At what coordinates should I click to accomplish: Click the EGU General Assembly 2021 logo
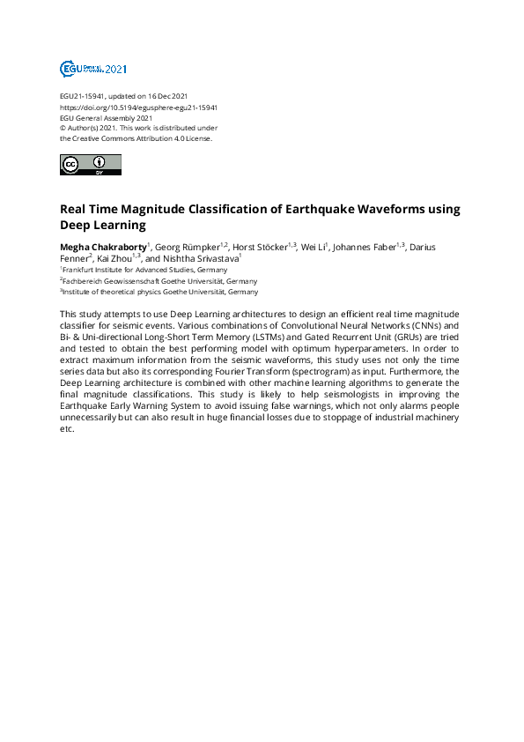click(x=93, y=68)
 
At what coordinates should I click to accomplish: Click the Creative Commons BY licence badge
click(x=90, y=165)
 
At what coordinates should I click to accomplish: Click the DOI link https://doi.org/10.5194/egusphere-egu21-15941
click(x=138, y=107)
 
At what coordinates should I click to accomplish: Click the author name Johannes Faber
click(x=364, y=247)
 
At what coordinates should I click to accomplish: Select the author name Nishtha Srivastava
click(x=200, y=259)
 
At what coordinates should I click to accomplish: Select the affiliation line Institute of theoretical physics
click(x=160, y=291)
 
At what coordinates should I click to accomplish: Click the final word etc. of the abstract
click(x=66, y=430)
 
